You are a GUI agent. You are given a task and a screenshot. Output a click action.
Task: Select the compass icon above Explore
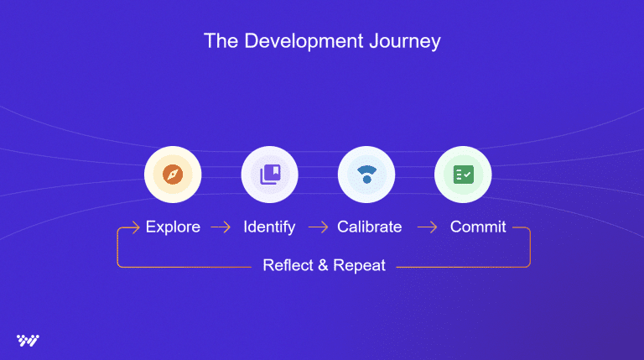click(x=173, y=175)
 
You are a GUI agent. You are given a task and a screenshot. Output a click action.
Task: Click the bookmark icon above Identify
click(x=270, y=175)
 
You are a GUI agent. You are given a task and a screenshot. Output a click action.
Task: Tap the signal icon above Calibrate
click(x=366, y=175)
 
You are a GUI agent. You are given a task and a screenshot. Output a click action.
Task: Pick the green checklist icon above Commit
click(x=463, y=175)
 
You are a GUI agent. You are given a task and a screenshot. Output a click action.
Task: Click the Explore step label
click(x=173, y=227)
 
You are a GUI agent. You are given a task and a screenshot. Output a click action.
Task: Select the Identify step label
click(x=269, y=227)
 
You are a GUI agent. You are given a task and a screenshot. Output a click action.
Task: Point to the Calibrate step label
click(x=369, y=227)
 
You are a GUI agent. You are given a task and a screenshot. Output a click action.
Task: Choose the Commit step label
click(x=478, y=227)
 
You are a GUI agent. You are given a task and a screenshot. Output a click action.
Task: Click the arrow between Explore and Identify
click(x=221, y=227)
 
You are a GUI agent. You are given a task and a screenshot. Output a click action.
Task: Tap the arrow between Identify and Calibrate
click(x=318, y=227)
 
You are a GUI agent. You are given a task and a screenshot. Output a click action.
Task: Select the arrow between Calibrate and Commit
click(x=428, y=227)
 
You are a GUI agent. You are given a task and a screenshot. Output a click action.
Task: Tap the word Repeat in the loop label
click(x=359, y=266)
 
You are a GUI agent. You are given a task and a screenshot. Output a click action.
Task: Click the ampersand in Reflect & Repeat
click(x=321, y=266)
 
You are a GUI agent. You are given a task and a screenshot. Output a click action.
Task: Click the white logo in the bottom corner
click(x=28, y=340)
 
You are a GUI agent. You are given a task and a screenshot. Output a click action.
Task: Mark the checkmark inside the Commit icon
click(x=468, y=174)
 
